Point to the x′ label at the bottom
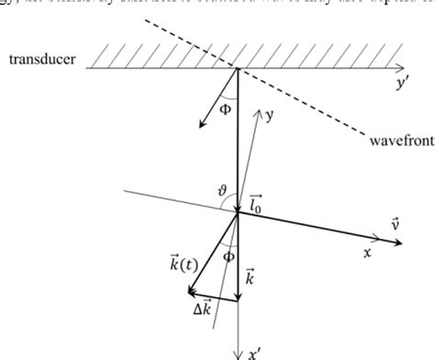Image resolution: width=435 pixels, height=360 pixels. coord(253,352)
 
